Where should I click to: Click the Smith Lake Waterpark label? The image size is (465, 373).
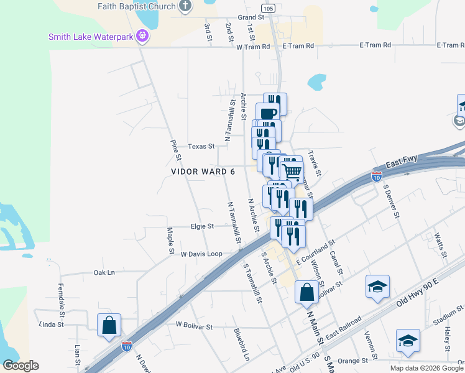tap(91, 37)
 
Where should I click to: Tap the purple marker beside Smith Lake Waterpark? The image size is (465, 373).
tap(143, 36)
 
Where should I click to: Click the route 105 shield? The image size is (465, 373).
tap(267, 8)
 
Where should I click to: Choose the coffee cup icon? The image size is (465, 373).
tap(267, 114)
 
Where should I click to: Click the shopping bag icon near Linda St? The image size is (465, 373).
tap(109, 325)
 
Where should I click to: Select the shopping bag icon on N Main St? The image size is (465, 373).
tap(306, 292)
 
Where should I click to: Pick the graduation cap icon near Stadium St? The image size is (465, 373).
tap(408, 340)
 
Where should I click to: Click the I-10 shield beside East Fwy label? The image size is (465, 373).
tap(377, 176)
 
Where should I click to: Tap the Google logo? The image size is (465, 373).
tap(21, 366)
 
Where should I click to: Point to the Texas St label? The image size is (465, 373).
tap(201, 147)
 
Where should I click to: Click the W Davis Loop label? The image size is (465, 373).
tap(201, 254)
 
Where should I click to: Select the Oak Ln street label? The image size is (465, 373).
tap(104, 272)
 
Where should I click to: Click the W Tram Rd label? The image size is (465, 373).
tap(252, 46)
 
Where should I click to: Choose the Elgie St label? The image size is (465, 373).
tap(202, 226)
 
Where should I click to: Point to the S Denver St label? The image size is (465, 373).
tap(392, 200)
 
